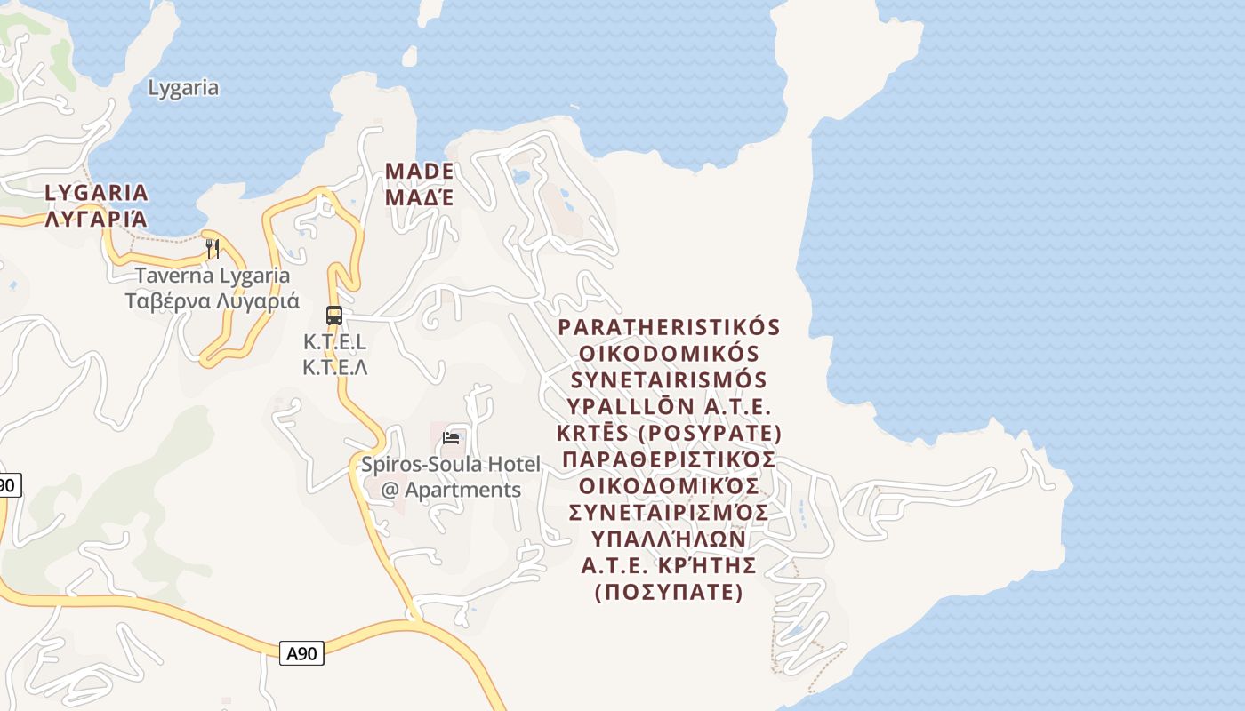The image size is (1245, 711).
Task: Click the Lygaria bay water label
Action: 183,88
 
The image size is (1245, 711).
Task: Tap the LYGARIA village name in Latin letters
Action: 97,192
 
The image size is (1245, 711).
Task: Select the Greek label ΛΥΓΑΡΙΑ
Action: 97,218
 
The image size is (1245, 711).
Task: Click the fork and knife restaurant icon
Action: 213,248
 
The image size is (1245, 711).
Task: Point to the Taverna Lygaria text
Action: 213,276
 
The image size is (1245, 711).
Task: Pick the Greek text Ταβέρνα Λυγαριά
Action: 213,300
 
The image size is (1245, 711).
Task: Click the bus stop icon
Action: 334,316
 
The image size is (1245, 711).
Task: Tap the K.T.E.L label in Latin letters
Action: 334,342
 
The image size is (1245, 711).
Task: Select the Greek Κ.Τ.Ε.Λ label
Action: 334,367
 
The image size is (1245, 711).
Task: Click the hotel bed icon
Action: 452,437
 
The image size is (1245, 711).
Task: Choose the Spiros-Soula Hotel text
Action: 450,464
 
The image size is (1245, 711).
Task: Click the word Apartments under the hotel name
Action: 462,490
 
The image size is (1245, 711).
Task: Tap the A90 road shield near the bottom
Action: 301,653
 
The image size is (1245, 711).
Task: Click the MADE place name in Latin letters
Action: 420,171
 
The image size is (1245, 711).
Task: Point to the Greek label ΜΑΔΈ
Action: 420,197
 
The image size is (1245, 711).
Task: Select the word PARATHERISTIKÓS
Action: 669,327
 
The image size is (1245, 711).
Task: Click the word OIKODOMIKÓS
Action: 669,354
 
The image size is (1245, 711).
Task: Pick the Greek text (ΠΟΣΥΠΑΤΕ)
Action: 669,592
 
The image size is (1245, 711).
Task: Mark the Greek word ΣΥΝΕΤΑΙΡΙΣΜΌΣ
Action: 669,513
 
